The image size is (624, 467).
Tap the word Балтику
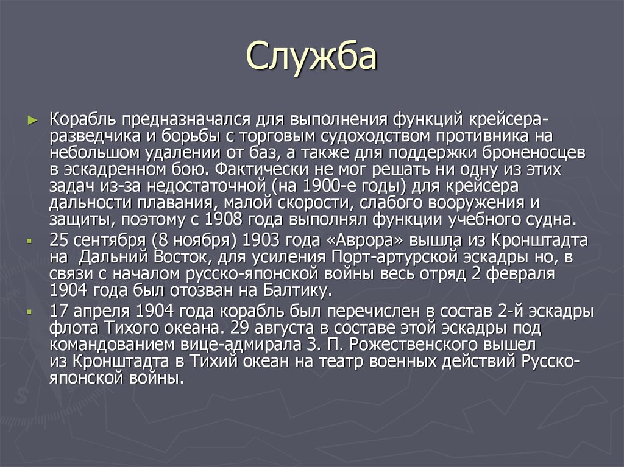pyautogui.click(x=296, y=289)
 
